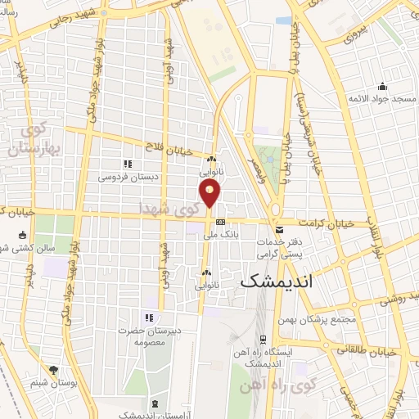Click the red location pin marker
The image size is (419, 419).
210,193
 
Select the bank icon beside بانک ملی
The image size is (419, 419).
220,222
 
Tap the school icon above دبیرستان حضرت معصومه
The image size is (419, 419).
149,318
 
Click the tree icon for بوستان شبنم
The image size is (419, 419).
54,370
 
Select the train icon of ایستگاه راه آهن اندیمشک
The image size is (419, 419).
263,339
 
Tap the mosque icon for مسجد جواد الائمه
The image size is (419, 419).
381,88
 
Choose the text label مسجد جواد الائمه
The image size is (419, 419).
382,100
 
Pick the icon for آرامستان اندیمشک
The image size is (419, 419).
155,403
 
